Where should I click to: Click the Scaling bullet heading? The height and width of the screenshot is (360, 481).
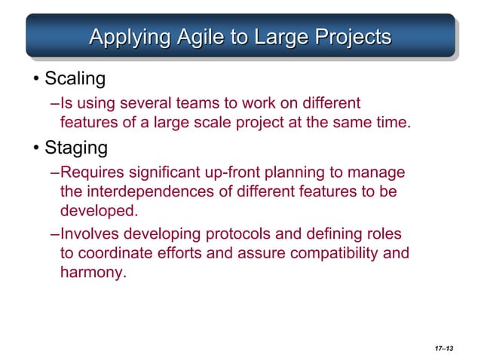click(75, 78)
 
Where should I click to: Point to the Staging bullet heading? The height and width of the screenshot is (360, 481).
click(76, 146)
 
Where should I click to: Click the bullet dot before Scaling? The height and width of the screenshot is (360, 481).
click(35, 78)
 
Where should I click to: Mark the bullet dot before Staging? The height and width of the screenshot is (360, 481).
click(35, 147)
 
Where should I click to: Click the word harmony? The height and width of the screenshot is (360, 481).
click(91, 271)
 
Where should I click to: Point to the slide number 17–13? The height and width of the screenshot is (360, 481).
click(444, 347)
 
